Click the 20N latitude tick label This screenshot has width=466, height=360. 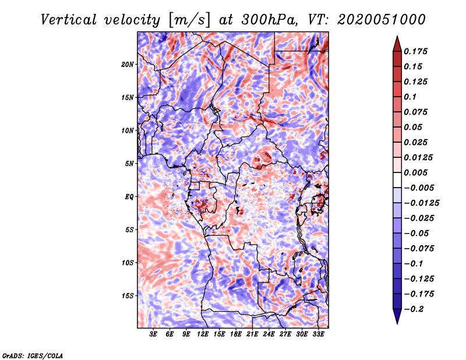pyautogui.click(x=128, y=65)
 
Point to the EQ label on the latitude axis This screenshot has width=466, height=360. pyautogui.click(x=129, y=197)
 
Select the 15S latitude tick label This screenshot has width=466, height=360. pyautogui.click(x=128, y=296)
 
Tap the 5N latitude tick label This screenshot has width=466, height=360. pyautogui.click(x=129, y=164)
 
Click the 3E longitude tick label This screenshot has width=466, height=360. pyautogui.click(x=153, y=334)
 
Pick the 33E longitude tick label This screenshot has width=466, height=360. pyautogui.click(x=318, y=334)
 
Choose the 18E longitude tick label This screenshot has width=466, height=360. pyautogui.click(x=236, y=334)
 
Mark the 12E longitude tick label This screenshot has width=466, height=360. pyautogui.click(x=203, y=334)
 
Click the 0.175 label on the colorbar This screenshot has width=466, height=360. pyautogui.click(x=415, y=51)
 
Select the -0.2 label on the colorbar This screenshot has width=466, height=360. pyautogui.click(x=414, y=309)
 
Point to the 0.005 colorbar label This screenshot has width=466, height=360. pyautogui.click(x=415, y=172)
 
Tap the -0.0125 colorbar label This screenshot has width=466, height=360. pyautogui.click(x=421, y=203)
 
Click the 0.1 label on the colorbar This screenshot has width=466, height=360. pyautogui.click(x=410, y=97)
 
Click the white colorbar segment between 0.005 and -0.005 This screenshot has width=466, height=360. pyautogui.click(x=397, y=180)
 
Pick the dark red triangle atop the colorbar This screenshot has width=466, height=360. pyautogui.click(x=397, y=44)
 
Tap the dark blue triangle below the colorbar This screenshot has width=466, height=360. pyautogui.click(x=397, y=316)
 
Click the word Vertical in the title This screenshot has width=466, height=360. pyautogui.click(x=69, y=20)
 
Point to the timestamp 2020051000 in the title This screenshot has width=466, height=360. pyautogui.click(x=382, y=20)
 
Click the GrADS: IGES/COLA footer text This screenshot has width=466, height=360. pyautogui.click(x=33, y=355)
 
